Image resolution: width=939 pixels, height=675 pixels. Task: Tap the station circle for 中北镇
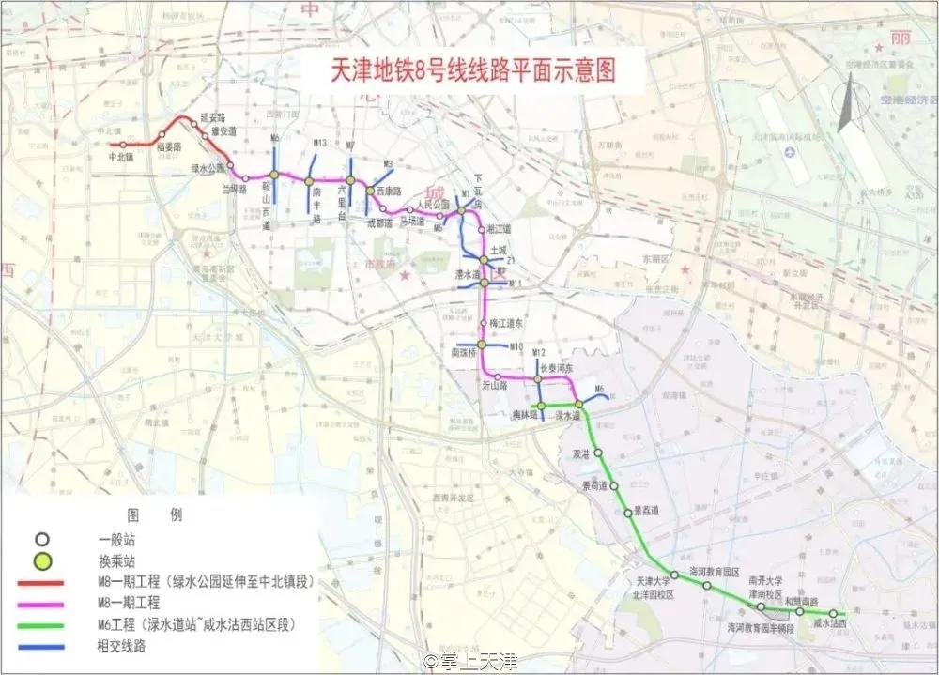[121, 144]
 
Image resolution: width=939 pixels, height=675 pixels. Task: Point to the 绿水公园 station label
[208, 169]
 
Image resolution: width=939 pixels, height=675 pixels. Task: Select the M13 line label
[319, 143]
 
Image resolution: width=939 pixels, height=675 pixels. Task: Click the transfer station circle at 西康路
[371, 191]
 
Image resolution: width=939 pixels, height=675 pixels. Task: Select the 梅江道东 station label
[507, 322]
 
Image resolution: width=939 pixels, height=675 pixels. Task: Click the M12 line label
[538, 352]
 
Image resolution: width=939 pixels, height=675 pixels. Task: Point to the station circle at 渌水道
[579, 405]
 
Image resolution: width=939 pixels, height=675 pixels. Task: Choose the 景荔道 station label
[646, 510]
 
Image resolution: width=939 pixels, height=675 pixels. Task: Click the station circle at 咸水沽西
[832, 613]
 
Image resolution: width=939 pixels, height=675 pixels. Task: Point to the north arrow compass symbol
[846, 103]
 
